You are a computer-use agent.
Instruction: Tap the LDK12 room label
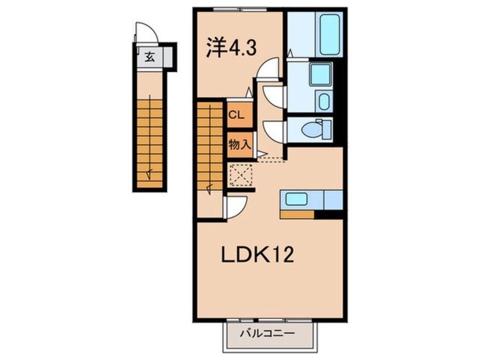(x=258, y=255)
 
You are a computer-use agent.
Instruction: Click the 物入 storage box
(x=240, y=145)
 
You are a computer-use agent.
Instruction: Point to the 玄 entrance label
(x=149, y=57)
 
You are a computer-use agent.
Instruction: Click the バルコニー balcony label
(x=267, y=333)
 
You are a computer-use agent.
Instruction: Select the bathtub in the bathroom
(x=330, y=34)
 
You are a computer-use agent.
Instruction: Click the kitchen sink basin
(x=296, y=199)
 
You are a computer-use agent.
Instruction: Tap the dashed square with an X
(x=241, y=175)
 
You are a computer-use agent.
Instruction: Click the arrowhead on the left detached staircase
(x=149, y=174)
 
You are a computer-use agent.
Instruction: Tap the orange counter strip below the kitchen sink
(x=297, y=215)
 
